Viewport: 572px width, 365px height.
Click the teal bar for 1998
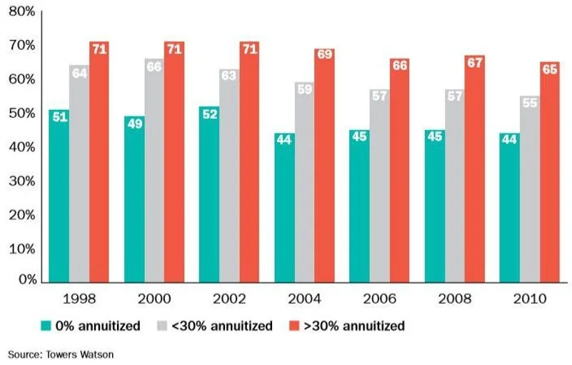point(59,196)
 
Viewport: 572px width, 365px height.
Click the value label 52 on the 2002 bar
point(209,114)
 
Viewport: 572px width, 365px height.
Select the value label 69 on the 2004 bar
point(324,56)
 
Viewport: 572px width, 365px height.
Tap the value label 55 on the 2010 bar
point(529,104)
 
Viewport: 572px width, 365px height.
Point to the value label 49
point(134,124)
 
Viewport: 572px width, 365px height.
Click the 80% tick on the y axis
point(22,11)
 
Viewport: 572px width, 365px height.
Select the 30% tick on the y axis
point(22,181)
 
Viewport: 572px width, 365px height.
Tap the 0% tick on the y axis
point(25,281)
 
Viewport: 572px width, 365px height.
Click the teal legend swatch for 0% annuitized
point(46,326)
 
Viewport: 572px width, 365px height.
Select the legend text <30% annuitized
point(222,326)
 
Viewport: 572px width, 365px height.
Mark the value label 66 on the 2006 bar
point(399,66)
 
